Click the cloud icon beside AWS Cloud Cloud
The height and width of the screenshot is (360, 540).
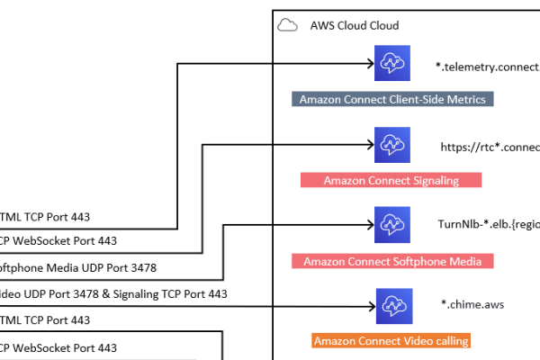coord(288,25)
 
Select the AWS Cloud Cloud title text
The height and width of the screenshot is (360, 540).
coord(354,26)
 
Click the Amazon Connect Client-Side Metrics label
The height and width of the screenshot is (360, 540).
coord(393,99)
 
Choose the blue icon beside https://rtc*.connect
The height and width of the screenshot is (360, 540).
coord(392,144)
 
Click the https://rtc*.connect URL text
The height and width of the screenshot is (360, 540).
coord(490,147)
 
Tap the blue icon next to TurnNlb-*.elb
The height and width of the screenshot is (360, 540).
coord(392,224)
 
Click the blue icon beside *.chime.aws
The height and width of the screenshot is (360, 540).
coord(392,304)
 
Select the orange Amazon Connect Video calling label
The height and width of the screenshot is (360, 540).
coord(391,341)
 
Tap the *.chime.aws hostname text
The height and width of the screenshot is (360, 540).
coord(472,304)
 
